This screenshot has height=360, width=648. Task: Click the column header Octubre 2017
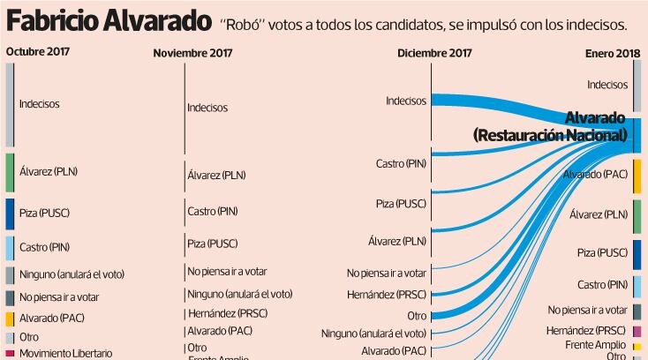point(38,51)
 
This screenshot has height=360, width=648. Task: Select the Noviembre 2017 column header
point(192,53)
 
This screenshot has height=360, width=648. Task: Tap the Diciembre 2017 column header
point(435,53)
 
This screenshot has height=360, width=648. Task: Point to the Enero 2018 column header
point(612,54)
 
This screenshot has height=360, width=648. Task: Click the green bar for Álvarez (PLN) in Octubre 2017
point(10,172)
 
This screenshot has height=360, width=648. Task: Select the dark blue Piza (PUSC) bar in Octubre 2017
point(10,214)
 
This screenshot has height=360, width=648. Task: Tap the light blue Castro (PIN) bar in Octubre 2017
point(10,247)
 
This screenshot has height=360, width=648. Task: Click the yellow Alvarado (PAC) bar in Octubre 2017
point(10,319)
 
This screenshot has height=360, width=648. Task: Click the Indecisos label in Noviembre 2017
point(207,108)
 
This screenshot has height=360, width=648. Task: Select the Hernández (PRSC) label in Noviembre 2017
point(227,313)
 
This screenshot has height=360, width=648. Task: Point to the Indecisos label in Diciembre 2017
point(406,101)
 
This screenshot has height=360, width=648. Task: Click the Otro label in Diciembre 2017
point(417,315)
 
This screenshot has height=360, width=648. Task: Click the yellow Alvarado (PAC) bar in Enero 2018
point(637,175)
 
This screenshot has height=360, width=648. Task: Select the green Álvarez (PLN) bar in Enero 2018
point(637,214)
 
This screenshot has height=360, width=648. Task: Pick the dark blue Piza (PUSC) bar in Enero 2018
point(637,252)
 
